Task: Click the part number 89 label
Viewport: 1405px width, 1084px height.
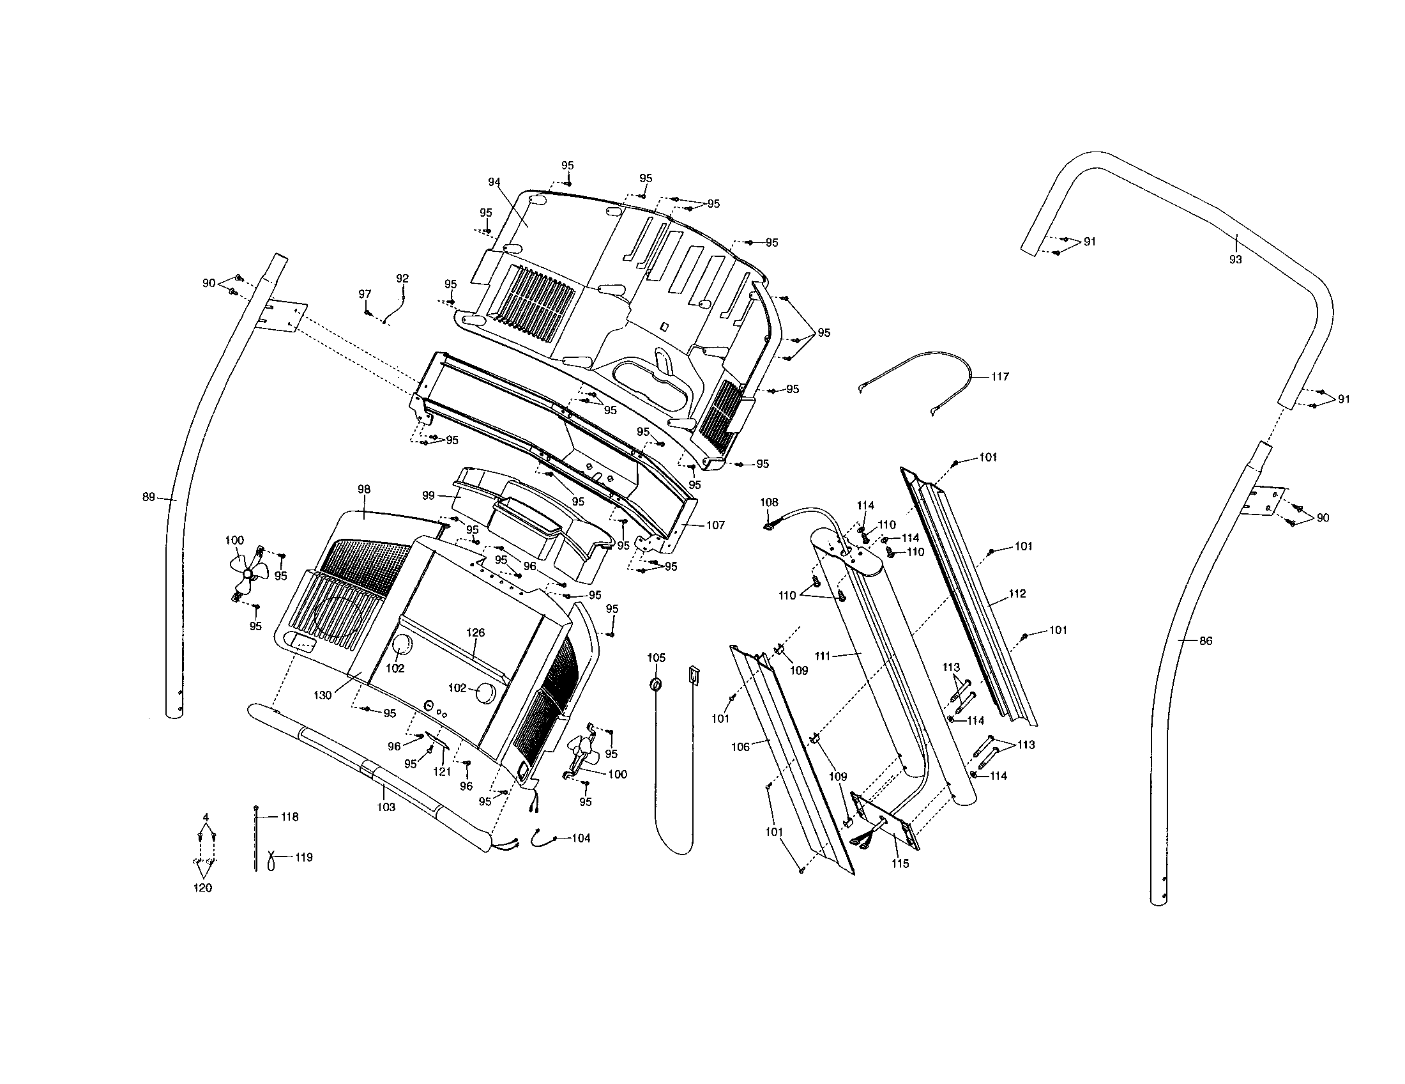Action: pos(149,497)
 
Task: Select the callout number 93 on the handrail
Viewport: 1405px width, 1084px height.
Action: pos(1235,260)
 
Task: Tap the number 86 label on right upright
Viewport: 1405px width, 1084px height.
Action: pos(1206,640)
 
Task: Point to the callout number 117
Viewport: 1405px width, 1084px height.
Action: pos(999,376)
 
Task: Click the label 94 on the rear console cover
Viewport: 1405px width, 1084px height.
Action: pos(494,182)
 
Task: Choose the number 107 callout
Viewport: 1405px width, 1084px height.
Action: pos(715,525)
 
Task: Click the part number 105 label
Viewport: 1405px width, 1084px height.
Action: pos(656,658)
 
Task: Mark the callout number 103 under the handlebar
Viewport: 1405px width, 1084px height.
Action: pos(386,807)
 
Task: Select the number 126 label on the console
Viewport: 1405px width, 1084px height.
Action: pos(475,633)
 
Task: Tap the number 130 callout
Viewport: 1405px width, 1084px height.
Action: pos(323,695)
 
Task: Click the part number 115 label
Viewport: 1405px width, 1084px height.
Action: pos(900,864)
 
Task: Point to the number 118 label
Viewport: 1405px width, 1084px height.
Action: pos(289,817)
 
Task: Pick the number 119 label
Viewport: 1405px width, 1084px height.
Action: pos(303,857)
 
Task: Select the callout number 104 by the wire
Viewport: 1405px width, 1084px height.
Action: pos(581,838)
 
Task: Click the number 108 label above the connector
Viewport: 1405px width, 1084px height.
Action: pos(769,502)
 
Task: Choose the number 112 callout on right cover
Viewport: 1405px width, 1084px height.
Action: pos(1017,594)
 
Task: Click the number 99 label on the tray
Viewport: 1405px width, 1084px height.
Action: pos(429,495)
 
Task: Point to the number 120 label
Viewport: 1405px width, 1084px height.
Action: pos(202,888)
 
